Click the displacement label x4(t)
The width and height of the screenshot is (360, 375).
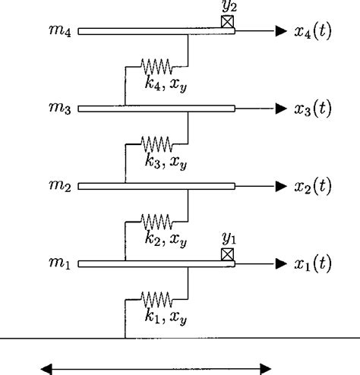coord(313,33)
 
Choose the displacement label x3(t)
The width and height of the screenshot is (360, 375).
coord(313,110)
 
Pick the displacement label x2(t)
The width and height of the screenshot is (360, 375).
coord(313,187)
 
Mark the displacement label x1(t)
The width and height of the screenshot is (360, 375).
coord(313,265)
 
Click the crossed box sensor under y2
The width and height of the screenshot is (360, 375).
coord(227,23)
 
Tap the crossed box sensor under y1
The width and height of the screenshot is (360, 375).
coord(227,254)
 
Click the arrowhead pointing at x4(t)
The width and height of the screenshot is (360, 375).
coord(279,32)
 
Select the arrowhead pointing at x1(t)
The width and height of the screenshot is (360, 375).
coord(279,264)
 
